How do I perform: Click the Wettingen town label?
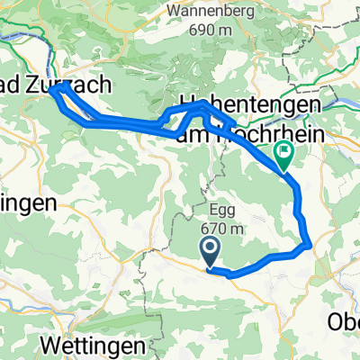(x=91, y=346)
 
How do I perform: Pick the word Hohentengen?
(x=249, y=105)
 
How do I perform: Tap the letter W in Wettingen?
(x=50, y=346)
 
